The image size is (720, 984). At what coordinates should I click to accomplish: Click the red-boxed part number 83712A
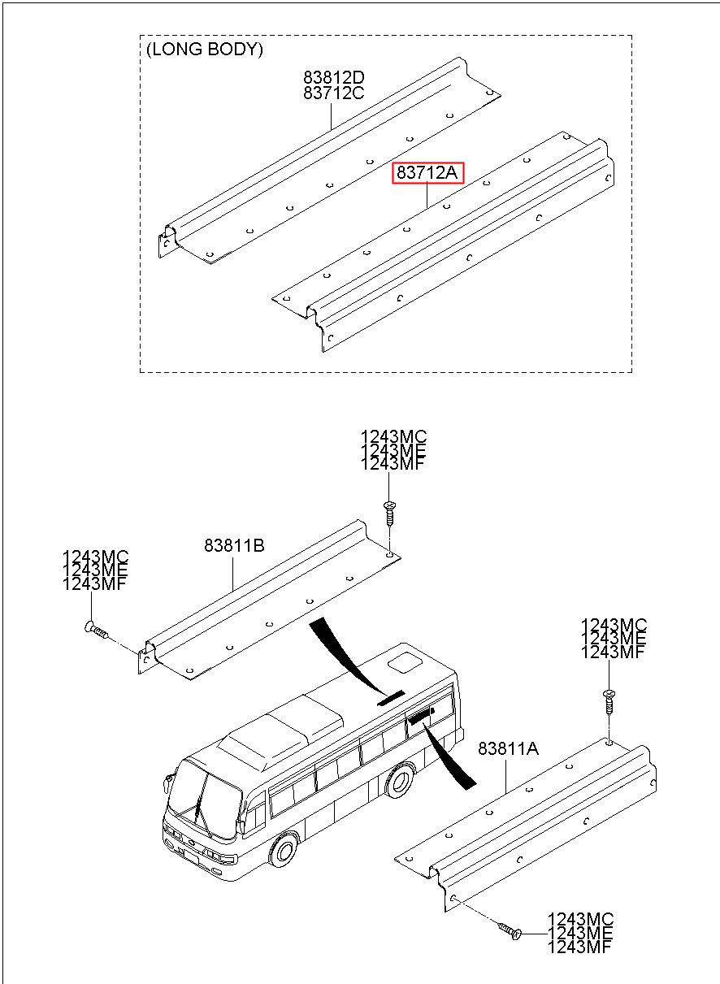(428, 173)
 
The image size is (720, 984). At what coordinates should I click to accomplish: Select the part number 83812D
(334, 78)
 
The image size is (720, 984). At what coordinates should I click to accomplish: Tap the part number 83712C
(334, 93)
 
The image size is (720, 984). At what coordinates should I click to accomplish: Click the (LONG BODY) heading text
(205, 50)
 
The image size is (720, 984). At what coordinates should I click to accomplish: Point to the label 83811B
(234, 545)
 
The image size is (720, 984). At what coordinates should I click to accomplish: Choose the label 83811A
(508, 749)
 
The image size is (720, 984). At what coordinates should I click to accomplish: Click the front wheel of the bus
(283, 849)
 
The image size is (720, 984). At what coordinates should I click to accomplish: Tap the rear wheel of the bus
(399, 780)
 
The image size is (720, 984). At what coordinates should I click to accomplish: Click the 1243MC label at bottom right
(580, 919)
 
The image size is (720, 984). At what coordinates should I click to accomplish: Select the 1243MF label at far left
(95, 583)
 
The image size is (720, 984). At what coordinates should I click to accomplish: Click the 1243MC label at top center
(393, 437)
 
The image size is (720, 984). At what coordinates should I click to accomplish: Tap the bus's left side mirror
(168, 782)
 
